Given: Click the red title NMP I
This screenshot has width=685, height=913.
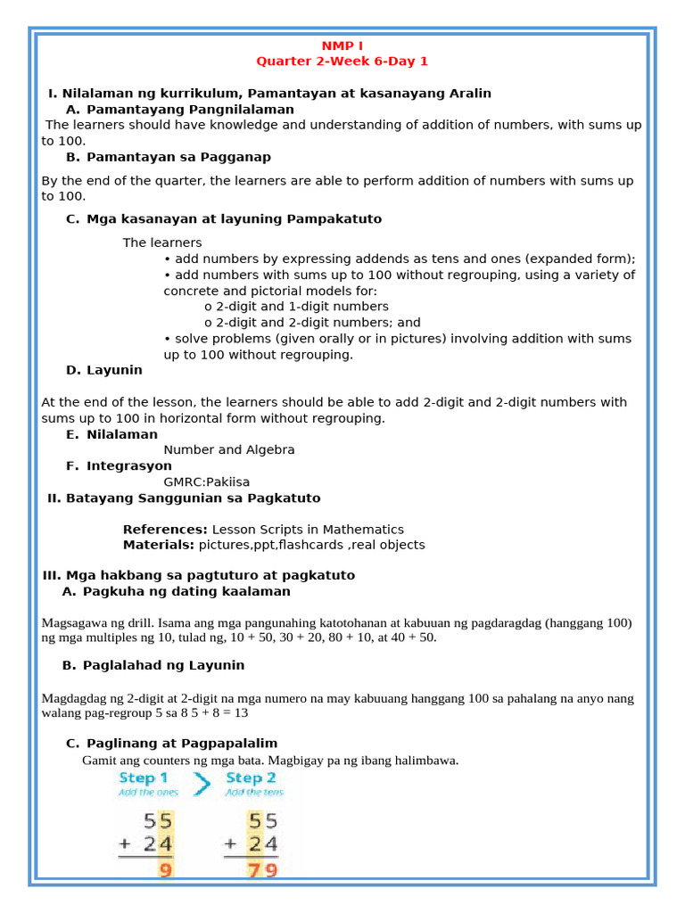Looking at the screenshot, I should pyautogui.click(x=342, y=45).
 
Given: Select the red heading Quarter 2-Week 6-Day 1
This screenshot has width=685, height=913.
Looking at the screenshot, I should pyautogui.click(x=342, y=62).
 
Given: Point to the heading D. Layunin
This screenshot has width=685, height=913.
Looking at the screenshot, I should pyautogui.click(x=103, y=370).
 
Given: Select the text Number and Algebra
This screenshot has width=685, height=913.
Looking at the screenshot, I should pyautogui.click(x=228, y=450).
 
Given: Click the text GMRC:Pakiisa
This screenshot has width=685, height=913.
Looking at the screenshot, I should pyautogui.click(x=206, y=482).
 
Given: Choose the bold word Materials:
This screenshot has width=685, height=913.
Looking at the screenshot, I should pyautogui.click(x=159, y=545).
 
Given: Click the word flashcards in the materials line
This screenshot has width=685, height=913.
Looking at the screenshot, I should pyautogui.click(x=307, y=545).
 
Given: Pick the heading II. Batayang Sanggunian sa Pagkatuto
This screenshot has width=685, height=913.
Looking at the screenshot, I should pyautogui.click(x=184, y=498).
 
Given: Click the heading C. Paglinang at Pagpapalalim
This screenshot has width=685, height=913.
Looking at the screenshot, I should pyautogui.click(x=171, y=743).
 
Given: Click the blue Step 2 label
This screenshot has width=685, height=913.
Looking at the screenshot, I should pyautogui.click(x=251, y=778).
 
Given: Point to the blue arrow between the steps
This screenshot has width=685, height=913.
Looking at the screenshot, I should pyautogui.click(x=202, y=785).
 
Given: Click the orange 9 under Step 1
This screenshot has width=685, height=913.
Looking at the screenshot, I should pyautogui.click(x=165, y=868).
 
